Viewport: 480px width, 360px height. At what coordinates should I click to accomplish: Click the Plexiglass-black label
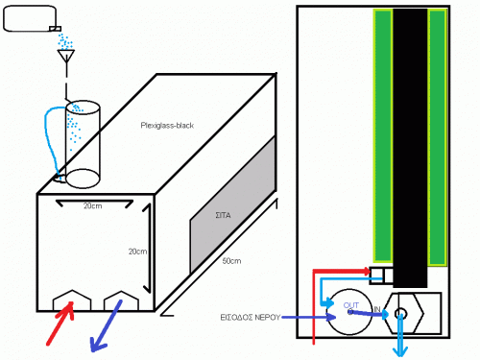pos(167,126)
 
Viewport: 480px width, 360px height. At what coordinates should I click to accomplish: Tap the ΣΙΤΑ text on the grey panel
pos(223,215)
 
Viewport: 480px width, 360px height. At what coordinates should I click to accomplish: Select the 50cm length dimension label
pos(231,261)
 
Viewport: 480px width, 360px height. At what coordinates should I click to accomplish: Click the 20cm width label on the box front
pos(93,206)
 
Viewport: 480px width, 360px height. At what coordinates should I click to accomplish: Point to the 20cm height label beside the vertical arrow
pos(138,252)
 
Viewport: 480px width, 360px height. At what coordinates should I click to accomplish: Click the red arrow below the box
pos(60,324)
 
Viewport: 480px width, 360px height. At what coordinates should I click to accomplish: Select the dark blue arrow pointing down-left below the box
pos(107,325)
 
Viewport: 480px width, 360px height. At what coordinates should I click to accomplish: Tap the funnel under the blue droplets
pos(66,56)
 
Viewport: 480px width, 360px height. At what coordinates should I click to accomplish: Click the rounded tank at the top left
pos(30,18)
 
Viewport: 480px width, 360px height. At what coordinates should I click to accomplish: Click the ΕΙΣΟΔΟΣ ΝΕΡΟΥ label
pos(250,318)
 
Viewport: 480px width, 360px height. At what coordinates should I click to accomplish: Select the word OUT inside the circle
pos(351,305)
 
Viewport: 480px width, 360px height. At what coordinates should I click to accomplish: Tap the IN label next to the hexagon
pos(377,309)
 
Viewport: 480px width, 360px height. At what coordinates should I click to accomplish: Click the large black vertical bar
pos(410,148)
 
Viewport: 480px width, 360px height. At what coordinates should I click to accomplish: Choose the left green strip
pos(383,136)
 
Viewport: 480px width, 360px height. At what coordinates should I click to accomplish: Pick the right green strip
pos(437,137)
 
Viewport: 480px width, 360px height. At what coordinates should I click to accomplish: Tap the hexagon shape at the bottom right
pos(404,313)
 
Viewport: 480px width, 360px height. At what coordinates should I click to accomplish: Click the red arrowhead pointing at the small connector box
pos(368,272)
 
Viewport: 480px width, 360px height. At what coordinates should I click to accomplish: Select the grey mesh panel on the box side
pos(233,204)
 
